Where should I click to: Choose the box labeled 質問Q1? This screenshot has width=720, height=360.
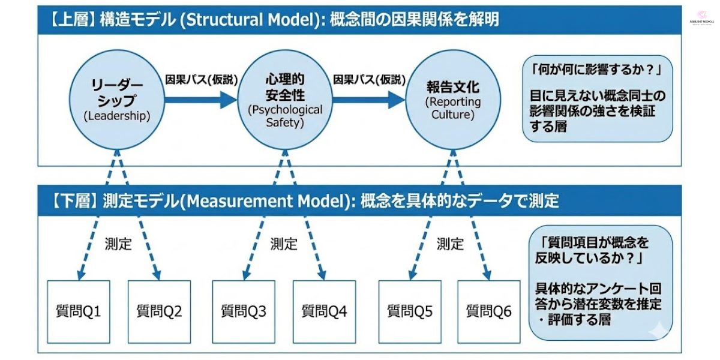click(x=79, y=311)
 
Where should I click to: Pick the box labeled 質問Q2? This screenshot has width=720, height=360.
click(x=159, y=311)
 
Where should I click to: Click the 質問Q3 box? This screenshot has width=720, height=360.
click(x=244, y=311)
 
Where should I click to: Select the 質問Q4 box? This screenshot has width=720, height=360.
click(x=324, y=311)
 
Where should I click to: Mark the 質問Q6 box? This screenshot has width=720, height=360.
click(x=489, y=311)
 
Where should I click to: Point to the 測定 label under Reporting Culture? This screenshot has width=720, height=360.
click(x=450, y=244)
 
